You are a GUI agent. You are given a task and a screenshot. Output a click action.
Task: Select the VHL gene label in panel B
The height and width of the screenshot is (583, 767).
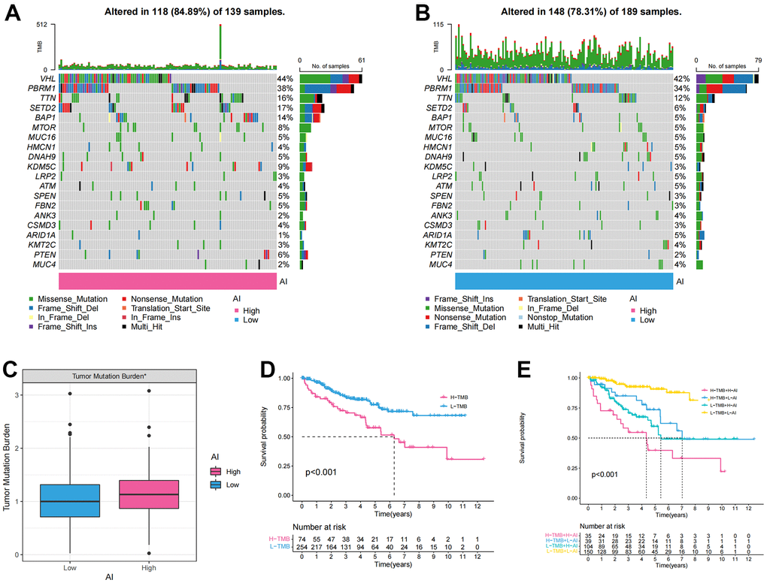tap(441, 78)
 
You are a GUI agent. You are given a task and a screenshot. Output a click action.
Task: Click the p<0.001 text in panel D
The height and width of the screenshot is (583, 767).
tap(323, 473)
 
